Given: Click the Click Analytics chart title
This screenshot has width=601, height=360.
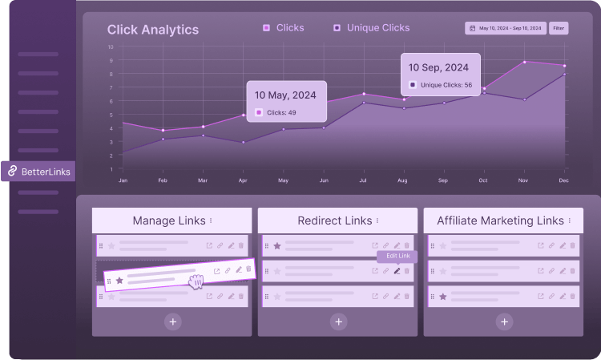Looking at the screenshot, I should click(153, 30).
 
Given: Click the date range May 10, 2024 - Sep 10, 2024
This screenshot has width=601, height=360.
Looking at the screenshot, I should click(506, 28).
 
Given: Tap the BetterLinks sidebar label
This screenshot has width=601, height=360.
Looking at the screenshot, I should click(46, 170).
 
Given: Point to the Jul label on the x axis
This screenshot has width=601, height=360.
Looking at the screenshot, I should click(364, 180).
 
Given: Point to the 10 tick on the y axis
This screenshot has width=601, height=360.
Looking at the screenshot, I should click(111, 47).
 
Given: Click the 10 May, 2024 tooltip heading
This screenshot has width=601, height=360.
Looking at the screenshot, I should click(285, 94).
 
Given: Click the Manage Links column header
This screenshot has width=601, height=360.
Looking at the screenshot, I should click(168, 220).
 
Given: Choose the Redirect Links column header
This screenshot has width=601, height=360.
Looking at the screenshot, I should click(335, 220).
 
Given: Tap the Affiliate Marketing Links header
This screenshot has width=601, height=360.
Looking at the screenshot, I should click(500, 220).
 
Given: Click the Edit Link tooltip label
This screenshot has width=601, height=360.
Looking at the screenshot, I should click(397, 256).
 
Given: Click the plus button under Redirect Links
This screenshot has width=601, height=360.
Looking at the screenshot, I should click(339, 322).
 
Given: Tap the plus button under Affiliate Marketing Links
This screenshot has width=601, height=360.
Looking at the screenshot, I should click(504, 322).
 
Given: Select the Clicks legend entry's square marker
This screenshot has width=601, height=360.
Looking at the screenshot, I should click(266, 28).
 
